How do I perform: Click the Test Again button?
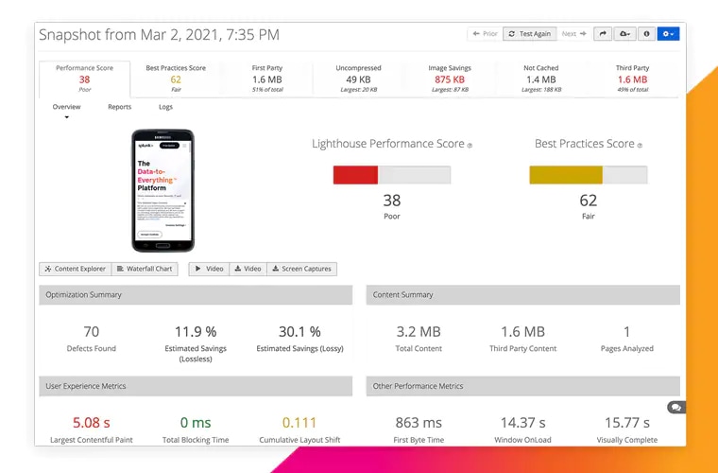(x=529, y=34)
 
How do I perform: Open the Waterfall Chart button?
(x=145, y=269)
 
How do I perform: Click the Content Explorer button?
(x=75, y=269)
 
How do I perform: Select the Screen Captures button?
(x=301, y=269)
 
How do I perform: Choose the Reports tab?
(x=119, y=107)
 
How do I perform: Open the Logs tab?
(x=165, y=107)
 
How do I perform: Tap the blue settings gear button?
(x=668, y=34)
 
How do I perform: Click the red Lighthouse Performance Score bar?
(x=355, y=175)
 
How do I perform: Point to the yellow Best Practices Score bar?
(x=566, y=175)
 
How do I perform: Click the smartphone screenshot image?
(x=162, y=190)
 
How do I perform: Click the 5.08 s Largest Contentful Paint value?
(x=92, y=423)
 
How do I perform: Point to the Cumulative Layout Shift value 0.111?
(x=299, y=423)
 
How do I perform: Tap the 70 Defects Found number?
(x=92, y=332)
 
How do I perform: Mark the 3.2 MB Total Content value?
(x=419, y=332)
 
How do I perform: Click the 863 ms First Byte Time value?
(x=419, y=423)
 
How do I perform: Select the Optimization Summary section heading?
(x=84, y=295)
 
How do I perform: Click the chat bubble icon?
(x=675, y=407)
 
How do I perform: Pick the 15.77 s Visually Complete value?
(x=626, y=423)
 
